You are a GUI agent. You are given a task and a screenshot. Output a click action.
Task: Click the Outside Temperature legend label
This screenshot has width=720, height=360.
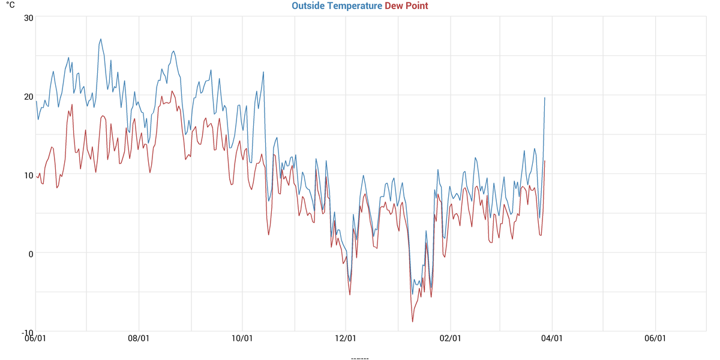tap(337, 6)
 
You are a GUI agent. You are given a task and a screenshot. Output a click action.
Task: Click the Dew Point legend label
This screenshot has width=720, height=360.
tap(406, 6)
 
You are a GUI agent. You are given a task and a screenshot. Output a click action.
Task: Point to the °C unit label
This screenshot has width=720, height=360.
tap(10, 5)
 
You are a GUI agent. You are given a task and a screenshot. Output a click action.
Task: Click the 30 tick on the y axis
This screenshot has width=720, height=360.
tap(28, 17)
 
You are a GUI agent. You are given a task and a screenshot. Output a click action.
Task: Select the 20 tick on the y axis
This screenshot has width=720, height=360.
tap(28, 96)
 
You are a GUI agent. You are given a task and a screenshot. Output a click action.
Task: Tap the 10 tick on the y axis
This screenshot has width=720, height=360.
tap(28, 175)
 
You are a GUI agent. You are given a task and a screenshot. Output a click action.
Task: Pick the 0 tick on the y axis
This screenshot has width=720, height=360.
tap(31, 253)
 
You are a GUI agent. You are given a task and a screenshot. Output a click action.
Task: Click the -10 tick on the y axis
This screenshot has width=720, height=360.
tap(27, 332)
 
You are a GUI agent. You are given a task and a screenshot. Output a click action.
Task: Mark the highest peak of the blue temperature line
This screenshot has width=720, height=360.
tap(101, 39)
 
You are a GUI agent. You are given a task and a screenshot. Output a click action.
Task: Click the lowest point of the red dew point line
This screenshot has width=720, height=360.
tap(412, 322)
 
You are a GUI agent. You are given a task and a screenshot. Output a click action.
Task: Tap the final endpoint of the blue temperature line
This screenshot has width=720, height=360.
tap(545, 97)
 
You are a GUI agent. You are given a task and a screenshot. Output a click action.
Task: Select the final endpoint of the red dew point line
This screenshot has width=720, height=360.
tap(545, 161)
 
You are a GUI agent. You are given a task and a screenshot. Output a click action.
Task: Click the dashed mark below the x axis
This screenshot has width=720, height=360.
tap(359, 358)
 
